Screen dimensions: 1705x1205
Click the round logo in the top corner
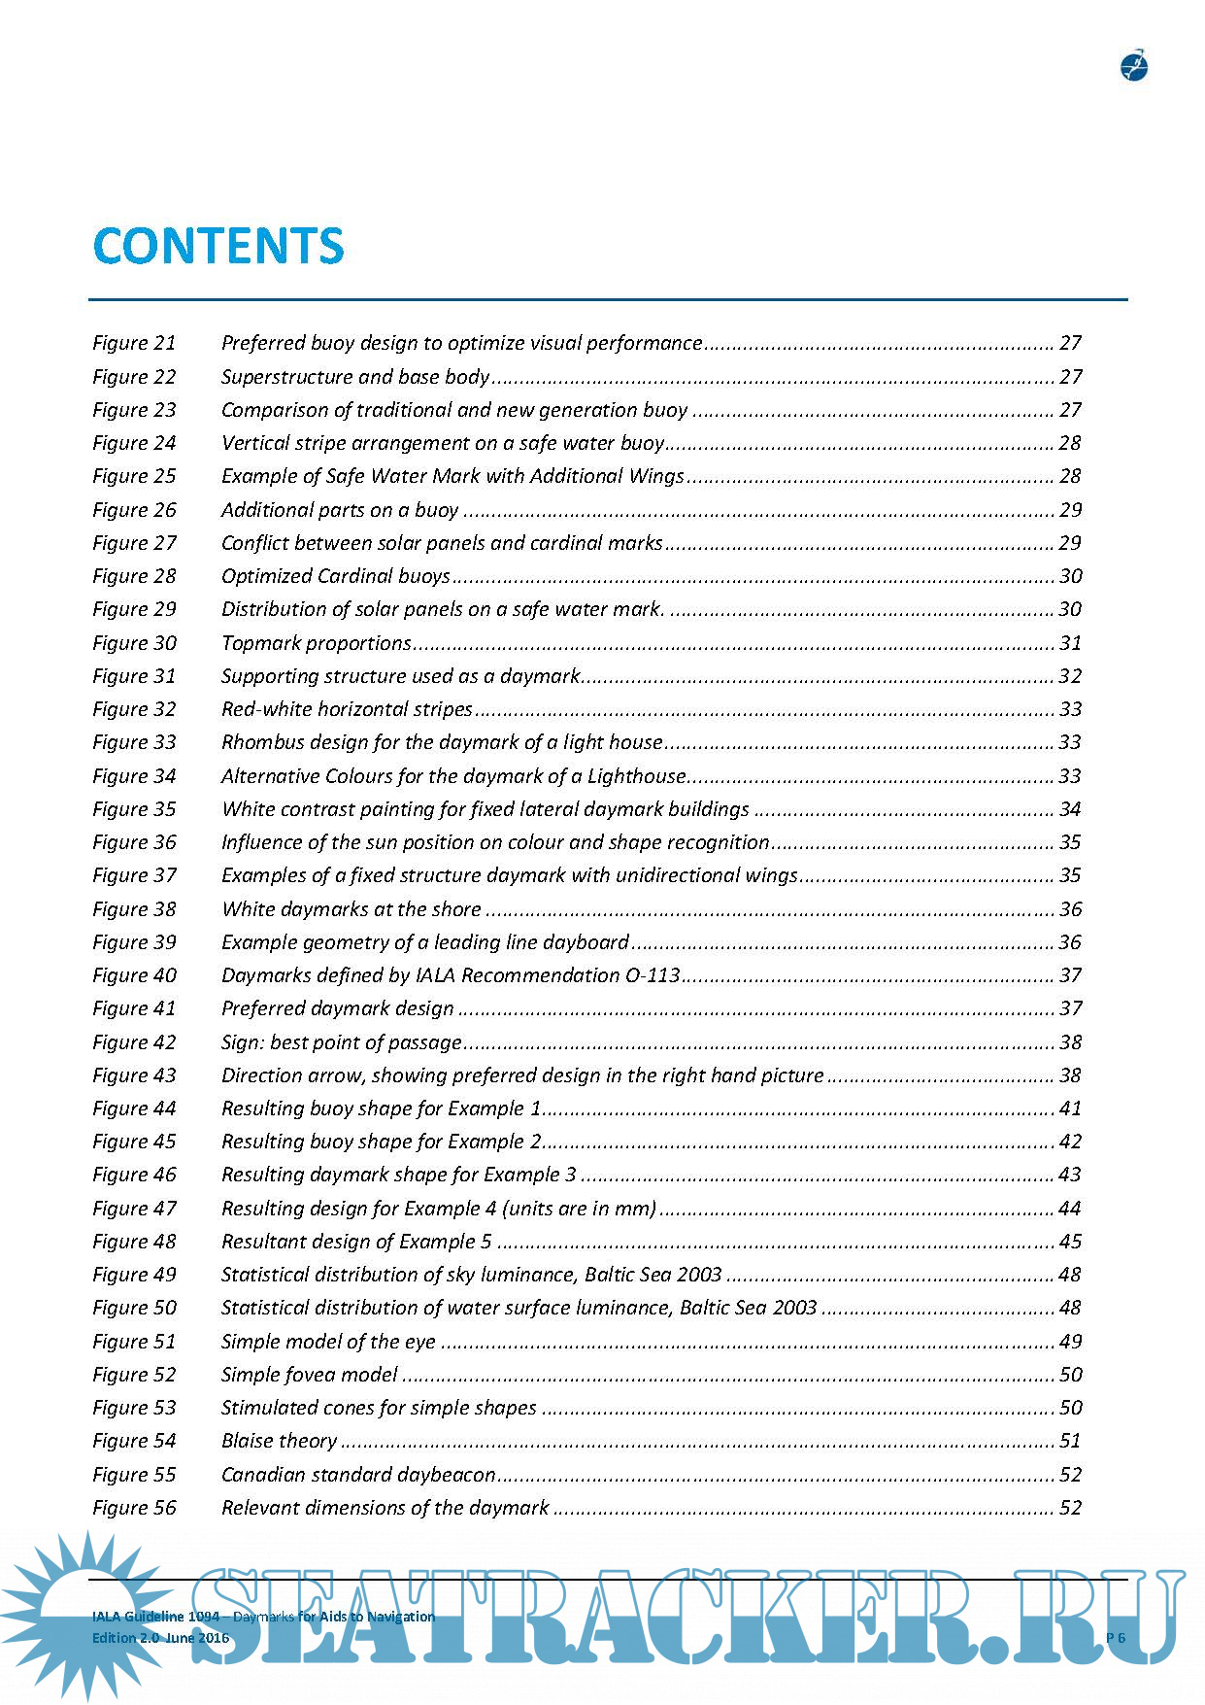pyautogui.click(x=1133, y=66)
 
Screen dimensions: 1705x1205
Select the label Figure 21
pyautogui.click(x=134, y=343)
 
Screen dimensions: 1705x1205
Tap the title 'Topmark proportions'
pyautogui.click(x=317, y=643)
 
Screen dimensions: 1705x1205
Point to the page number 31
pyautogui.click(x=1070, y=643)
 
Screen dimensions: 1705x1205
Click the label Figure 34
pyautogui.click(x=134, y=776)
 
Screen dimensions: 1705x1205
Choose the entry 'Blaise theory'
pyautogui.click(x=279, y=1441)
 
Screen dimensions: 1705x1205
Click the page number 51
pyautogui.click(x=1070, y=1441)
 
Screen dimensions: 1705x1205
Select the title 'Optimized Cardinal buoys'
pyautogui.click(x=336, y=576)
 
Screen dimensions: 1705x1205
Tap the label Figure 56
pyautogui.click(x=134, y=1508)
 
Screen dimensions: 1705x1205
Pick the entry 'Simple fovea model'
pyautogui.click(x=310, y=1375)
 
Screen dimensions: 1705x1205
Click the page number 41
pyautogui.click(x=1070, y=1108)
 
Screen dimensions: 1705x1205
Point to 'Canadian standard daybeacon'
pyautogui.click(x=358, y=1475)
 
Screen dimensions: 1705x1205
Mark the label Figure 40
pyautogui.click(x=134, y=975)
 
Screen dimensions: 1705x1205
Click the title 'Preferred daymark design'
pyautogui.click(x=338, y=1008)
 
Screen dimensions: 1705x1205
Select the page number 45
pyautogui.click(x=1070, y=1242)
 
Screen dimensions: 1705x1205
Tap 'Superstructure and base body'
pyautogui.click(x=355, y=377)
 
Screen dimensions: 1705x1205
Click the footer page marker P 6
pyautogui.click(x=1116, y=1638)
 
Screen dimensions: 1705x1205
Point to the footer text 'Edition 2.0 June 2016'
pyautogui.click(x=160, y=1638)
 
